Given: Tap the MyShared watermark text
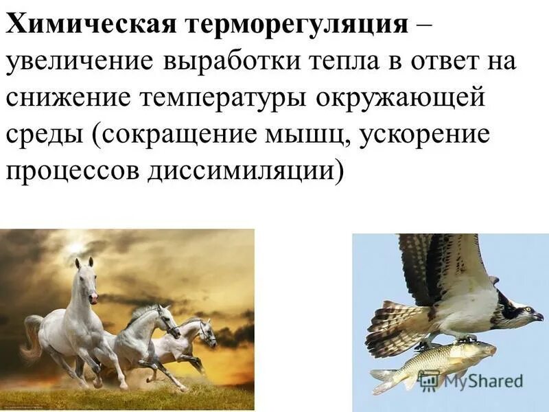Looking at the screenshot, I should tap(480, 381).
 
